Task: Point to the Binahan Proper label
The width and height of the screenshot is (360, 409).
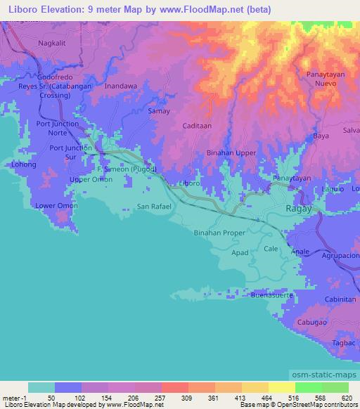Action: point(219,232)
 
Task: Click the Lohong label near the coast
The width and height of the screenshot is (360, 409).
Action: point(24,164)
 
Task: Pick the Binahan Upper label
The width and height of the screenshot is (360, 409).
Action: point(231,152)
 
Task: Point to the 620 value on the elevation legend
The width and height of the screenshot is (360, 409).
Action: point(347,398)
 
